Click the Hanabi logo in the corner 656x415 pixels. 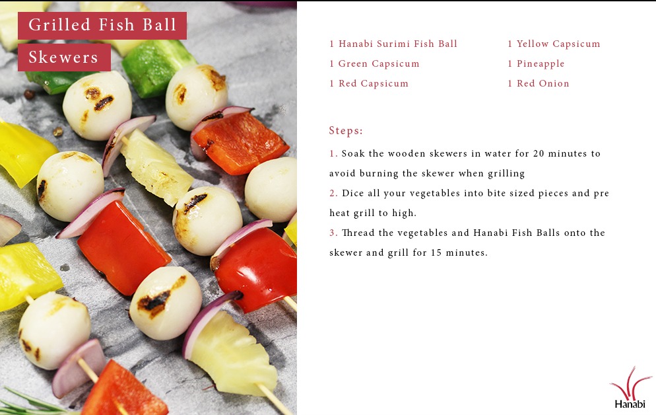[x=630, y=388]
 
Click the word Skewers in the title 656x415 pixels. [x=63, y=57]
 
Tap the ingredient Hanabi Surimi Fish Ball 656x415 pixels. [x=393, y=44]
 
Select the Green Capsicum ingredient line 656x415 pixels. [x=374, y=63]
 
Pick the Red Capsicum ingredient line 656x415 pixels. [x=368, y=83]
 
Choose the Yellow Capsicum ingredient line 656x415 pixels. [x=554, y=44]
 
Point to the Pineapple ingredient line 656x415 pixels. [x=536, y=63]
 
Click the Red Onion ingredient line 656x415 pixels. [x=539, y=83]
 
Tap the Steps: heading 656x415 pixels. [x=346, y=131]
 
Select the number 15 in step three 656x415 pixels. [x=436, y=253]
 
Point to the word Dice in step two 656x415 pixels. [x=352, y=193]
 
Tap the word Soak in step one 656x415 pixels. [x=353, y=154]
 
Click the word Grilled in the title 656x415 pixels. [x=59, y=24]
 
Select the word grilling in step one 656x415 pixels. [x=506, y=174]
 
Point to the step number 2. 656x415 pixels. [x=333, y=193]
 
